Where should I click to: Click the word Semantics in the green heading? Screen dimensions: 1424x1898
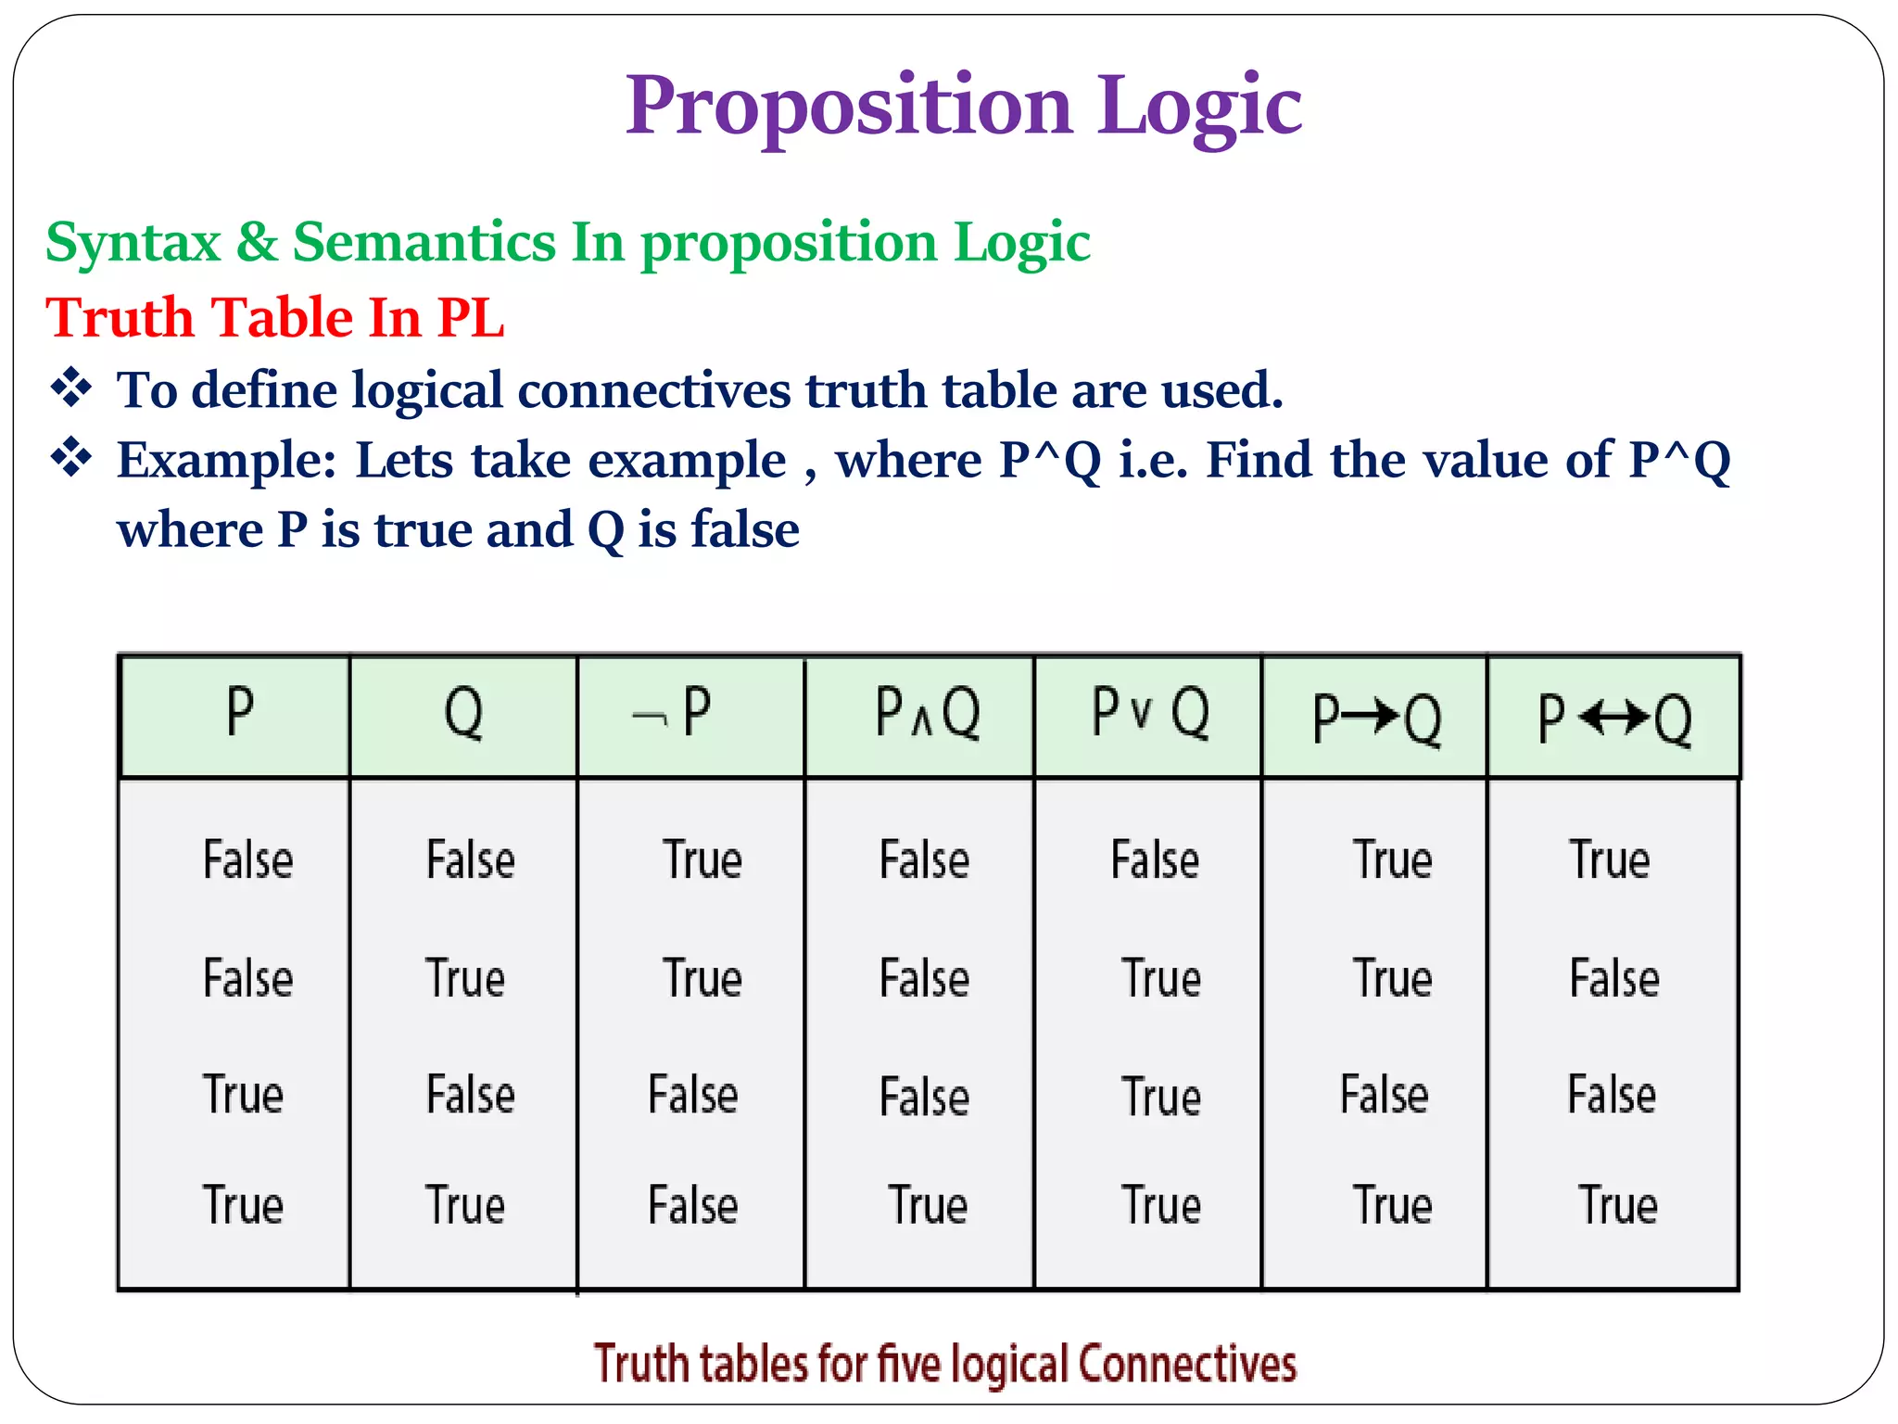pyautogui.click(x=424, y=242)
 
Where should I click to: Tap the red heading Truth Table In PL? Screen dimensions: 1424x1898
pyautogui.click(x=275, y=317)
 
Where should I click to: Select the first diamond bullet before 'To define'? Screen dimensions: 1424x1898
pyautogui.click(x=71, y=388)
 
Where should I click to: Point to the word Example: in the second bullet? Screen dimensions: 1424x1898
pyautogui.click(x=227, y=460)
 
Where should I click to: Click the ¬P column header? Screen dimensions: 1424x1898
pyautogui.click(x=674, y=714)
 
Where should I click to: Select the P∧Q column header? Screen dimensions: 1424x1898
pyautogui.click(x=927, y=714)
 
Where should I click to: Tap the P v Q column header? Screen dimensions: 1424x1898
pyautogui.click(x=1150, y=714)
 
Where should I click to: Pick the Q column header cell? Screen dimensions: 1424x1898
pyautogui.click(x=463, y=714)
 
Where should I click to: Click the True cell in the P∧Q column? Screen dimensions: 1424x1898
pyautogui.click(x=928, y=1205)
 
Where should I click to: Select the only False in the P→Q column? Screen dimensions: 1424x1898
pyautogui.click(x=1384, y=1094)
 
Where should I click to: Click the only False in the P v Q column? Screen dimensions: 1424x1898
pyautogui.click(x=1155, y=859)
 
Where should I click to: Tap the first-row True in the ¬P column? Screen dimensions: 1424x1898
pyautogui.click(x=702, y=859)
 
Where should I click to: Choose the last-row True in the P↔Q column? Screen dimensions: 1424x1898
pyautogui.click(x=1617, y=1205)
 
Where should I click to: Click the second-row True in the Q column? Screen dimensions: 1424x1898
pyautogui.click(x=465, y=978)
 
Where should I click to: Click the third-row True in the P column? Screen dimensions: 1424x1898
pyautogui.click(x=243, y=1094)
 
